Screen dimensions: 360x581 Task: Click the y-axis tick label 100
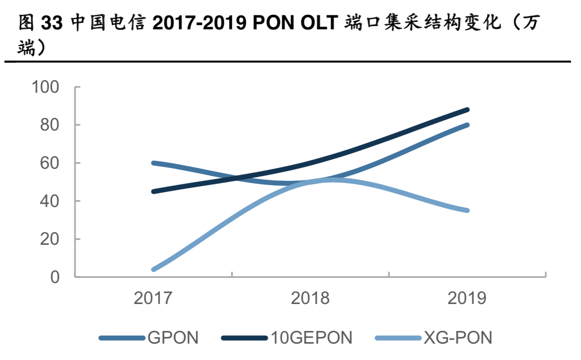(45, 87)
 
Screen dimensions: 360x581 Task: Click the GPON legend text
(173, 338)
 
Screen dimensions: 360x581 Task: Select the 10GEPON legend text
(311, 338)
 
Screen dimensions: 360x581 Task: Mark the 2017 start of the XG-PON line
(153, 270)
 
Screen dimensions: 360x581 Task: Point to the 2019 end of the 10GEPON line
(467, 110)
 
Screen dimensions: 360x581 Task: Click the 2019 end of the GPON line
(467, 125)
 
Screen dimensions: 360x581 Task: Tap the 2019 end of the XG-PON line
(467, 210)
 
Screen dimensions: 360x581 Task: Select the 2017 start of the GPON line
(153, 163)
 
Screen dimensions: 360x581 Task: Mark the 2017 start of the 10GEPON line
(153, 192)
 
